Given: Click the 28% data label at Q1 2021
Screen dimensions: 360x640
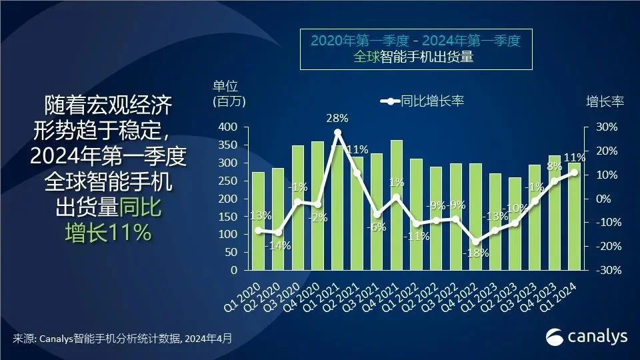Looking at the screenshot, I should coord(337,119).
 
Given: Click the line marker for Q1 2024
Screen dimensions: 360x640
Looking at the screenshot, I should coord(574,172).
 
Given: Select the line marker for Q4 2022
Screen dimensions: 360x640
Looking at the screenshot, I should coord(475,242).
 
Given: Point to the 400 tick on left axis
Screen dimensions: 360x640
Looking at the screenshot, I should coord(229,127).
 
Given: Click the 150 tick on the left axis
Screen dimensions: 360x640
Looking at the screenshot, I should coord(229,217).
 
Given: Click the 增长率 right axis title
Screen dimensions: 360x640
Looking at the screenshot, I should coord(605,101).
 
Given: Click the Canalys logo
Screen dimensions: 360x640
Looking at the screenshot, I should coord(587,337).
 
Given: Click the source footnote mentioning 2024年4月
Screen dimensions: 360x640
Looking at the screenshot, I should coord(123,339).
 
